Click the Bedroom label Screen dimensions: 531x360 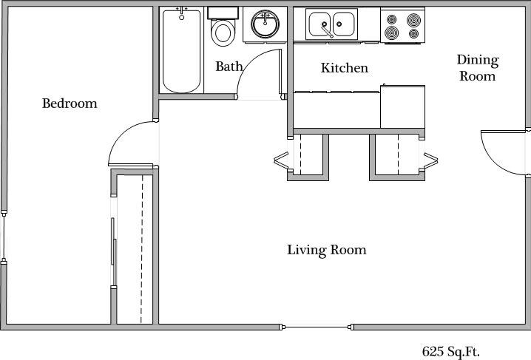(70, 103)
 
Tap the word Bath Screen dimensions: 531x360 (229, 67)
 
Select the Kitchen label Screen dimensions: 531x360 (345, 68)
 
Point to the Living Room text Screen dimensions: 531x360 (327, 250)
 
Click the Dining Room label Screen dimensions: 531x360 (478, 68)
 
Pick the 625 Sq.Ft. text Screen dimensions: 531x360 (450, 352)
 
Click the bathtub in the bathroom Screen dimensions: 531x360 (181, 51)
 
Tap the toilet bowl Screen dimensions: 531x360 (223, 33)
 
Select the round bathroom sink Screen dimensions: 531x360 (265, 24)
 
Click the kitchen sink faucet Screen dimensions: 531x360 (327, 30)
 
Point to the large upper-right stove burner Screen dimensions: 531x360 (413, 20)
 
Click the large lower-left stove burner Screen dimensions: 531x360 (391, 33)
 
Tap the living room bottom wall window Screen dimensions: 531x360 (317, 327)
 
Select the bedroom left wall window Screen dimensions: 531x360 (4, 237)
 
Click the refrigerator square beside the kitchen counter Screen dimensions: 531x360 (402, 106)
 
